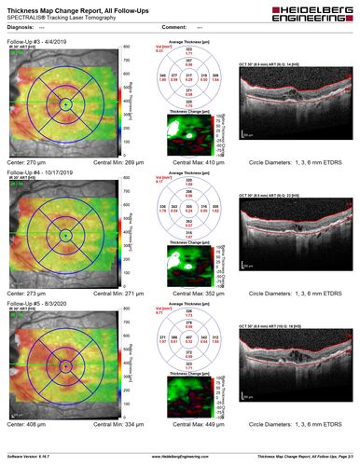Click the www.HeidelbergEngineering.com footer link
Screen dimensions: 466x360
click(179, 456)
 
